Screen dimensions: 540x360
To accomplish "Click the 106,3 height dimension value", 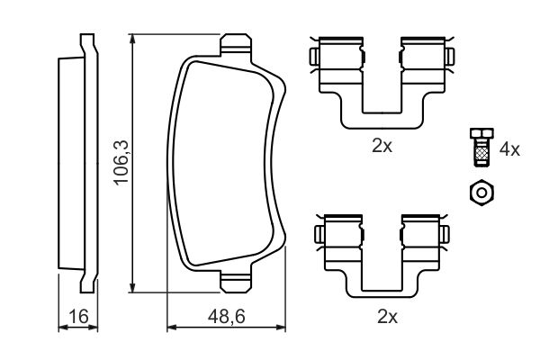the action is (121, 162).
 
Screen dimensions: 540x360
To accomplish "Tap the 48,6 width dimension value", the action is (226, 317).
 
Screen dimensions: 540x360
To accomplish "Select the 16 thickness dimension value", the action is (78, 317).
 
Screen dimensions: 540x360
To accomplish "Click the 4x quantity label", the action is (509, 149).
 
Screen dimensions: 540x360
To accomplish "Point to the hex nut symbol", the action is (481, 193).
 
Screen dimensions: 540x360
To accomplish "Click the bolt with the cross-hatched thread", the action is (481, 148).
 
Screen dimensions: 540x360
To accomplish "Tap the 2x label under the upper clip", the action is (382, 147).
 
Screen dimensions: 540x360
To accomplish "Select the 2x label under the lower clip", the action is (387, 317).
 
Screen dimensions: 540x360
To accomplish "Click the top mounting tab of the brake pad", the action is (236, 44).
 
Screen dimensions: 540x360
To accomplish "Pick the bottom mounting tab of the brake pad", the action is (236, 282).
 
